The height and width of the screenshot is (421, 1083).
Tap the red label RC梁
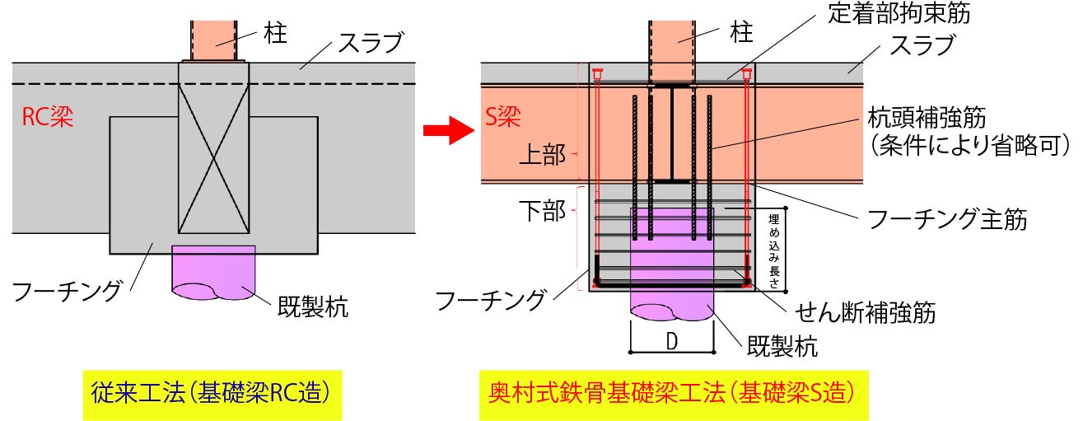click(48, 118)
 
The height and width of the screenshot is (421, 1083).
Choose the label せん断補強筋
click(864, 311)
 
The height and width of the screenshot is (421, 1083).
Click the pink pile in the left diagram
click(213, 272)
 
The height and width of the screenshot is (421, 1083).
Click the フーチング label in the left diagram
click(68, 290)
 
